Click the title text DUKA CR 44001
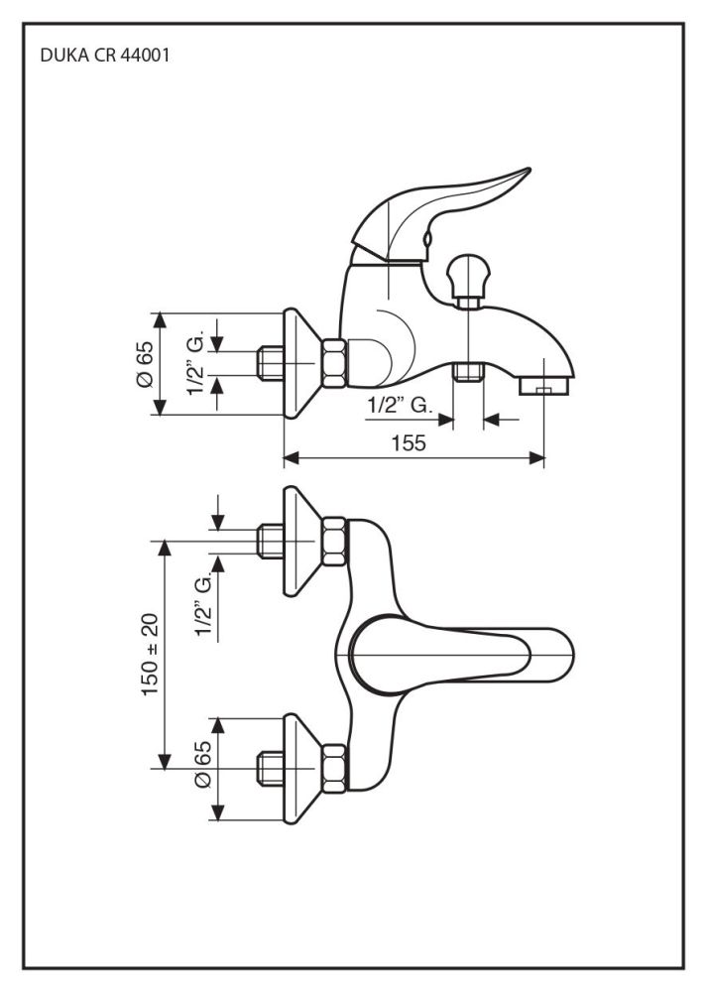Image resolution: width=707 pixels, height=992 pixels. click(104, 57)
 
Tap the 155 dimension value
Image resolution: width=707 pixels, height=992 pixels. click(414, 443)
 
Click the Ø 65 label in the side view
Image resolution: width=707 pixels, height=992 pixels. click(144, 364)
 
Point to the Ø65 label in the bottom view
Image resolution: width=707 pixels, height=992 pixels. click(202, 765)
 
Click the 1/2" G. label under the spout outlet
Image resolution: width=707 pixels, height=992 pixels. click(398, 405)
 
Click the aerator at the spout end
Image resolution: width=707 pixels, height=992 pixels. click(542, 383)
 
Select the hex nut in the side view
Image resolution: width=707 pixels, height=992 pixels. click(334, 362)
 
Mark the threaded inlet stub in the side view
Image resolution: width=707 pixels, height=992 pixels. click(271, 363)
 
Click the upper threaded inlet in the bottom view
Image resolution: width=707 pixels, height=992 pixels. click(271, 541)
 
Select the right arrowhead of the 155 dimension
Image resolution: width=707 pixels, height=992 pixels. click(539, 457)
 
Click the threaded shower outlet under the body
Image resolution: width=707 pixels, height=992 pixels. click(467, 374)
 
